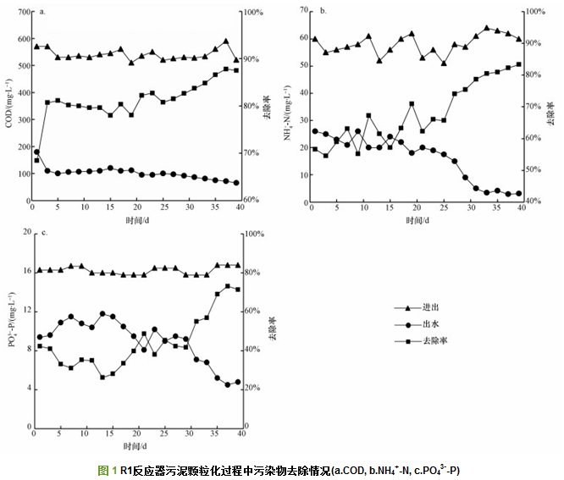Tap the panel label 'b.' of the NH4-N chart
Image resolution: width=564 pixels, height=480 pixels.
point(323,12)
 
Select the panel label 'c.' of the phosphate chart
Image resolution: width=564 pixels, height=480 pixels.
point(41,233)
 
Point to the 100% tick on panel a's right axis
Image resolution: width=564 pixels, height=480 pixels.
point(255,13)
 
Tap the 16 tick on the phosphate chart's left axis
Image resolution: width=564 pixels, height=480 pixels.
point(25,271)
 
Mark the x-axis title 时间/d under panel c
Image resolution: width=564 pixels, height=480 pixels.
point(135,445)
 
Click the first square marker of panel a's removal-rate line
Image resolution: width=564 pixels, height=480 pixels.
point(36,160)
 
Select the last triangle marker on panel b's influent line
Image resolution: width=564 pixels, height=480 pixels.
point(518,39)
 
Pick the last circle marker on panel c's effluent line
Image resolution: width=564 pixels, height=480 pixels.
point(238,382)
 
